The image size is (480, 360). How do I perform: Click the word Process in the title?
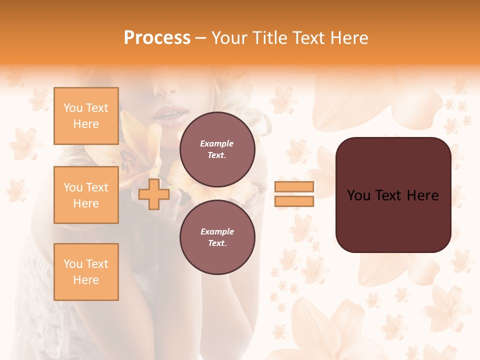click(x=157, y=38)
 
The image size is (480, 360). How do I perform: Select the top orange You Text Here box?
click(x=86, y=116)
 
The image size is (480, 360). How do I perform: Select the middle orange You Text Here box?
click(x=86, y=195)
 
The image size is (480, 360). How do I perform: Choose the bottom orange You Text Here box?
click(x=86, y=272)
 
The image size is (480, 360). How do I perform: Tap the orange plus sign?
click(x=153, y=194)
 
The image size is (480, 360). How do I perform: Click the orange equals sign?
click(x=294, y=194)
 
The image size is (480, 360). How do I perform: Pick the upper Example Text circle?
click(x=217, y=149)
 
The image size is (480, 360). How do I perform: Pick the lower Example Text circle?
click(x=217, y=237)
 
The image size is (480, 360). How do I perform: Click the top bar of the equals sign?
click(x=294, y=187)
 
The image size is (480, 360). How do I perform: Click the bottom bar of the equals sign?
click(x=294, y=201)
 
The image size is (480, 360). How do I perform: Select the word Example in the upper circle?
click(x=217, y=143)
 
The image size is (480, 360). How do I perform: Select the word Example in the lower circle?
click(x=217, y=231)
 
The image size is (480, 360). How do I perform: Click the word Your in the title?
click(x=228, y=38)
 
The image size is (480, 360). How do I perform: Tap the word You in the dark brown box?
click(x=359, y=195)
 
